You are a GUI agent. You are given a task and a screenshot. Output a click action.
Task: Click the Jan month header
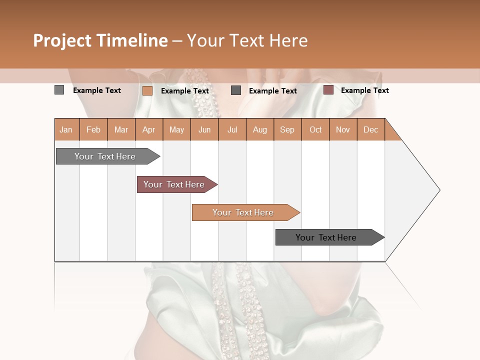(66, 129)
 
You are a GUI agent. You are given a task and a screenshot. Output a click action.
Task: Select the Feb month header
(93, 129)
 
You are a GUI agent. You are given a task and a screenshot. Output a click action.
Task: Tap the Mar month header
(121, 129)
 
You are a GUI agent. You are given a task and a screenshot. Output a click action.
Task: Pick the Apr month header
(149, 129)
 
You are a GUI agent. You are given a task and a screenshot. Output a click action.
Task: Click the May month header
(176, 129)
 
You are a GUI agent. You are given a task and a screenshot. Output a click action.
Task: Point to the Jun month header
(204, 129)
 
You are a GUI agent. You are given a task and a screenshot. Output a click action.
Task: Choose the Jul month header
(232, 129)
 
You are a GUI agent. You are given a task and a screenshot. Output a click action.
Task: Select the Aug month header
(260, 129)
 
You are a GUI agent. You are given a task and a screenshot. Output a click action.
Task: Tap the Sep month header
(287, 129)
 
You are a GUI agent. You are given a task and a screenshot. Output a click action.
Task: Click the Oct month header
(315, 129)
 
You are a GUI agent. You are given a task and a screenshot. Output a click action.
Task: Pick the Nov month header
(343, 129)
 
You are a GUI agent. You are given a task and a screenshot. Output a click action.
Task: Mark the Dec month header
(371, 129)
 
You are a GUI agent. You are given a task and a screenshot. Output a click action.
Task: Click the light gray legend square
(59, 90)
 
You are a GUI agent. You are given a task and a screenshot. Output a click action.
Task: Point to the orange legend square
(147, 90)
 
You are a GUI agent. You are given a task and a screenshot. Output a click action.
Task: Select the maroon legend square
(328, 90)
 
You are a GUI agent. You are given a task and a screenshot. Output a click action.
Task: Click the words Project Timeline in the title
(100, 40)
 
